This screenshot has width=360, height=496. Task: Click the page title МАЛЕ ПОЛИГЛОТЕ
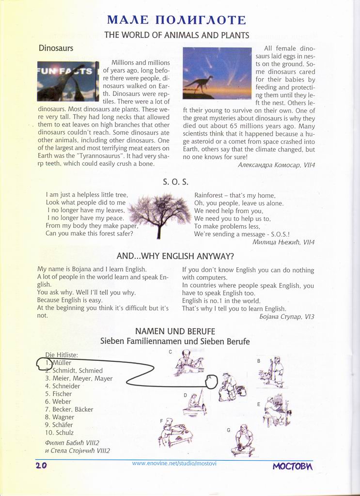click(176, 20)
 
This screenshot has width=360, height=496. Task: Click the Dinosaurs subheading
click(56, 48)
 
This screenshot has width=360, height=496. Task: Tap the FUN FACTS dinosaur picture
click(68, 81)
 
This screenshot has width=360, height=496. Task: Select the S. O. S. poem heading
click(175, 182)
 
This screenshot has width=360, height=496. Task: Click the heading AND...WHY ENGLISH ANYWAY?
click(175, 256)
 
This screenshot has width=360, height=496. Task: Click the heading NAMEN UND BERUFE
click(175, 331)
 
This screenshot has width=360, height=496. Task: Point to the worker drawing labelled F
click(174, 433)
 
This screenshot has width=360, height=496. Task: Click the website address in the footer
click(174, 464)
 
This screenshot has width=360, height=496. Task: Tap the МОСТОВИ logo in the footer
click(292, 466)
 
